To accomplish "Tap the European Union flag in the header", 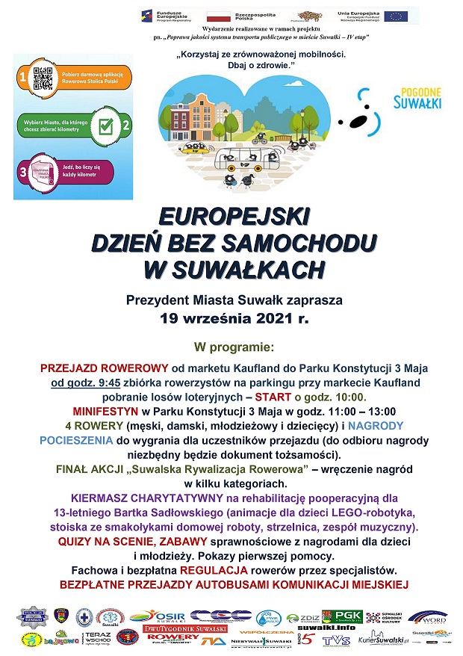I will coord(396,15).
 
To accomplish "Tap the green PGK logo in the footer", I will coord(348,616).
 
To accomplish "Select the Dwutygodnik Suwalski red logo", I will coord(174,629).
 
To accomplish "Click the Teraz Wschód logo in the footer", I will coord(99,638).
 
